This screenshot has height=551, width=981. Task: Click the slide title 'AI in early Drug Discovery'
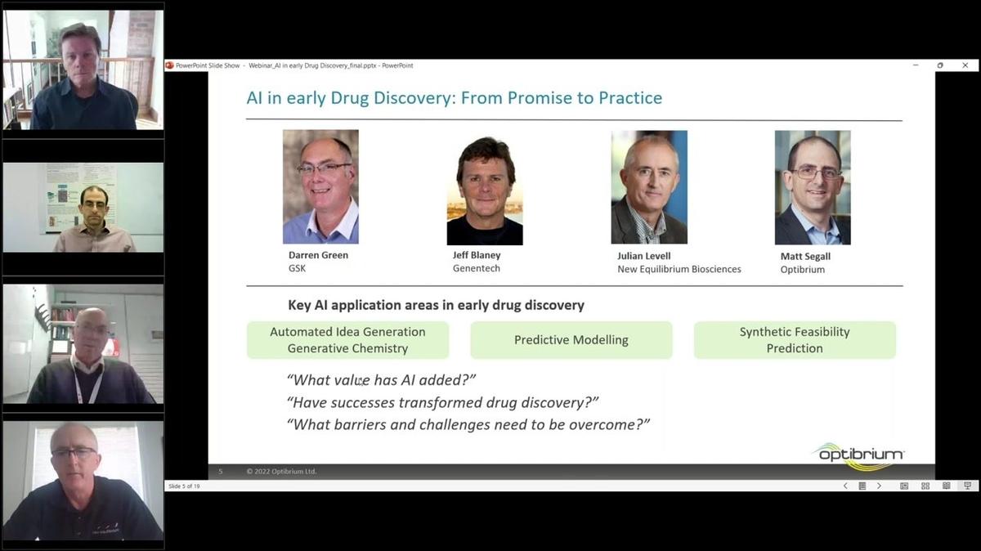coord(454,98)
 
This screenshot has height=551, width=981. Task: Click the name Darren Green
coord(318,255)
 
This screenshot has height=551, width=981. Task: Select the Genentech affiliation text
coord(476,268)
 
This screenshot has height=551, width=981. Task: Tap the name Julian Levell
coord(643,256)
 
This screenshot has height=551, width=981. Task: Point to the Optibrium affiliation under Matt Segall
coord(802,269)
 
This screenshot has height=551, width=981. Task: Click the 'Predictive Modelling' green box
coord(571,340)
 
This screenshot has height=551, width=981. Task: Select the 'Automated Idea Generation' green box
coord(347,340)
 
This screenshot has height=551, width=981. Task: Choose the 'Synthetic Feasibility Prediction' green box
coord(794,340)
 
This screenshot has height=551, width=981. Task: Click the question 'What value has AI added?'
coord(381,380)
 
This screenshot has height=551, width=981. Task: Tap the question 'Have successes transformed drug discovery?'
coord(442,402)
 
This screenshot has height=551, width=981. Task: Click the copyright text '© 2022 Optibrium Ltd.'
coord(281,472)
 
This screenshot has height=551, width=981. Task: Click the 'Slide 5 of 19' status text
coord(184,486)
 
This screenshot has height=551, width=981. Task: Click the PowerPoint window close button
coord(966,65)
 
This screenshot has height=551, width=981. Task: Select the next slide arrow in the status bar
coord(879,486)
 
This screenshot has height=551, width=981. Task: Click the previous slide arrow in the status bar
coord(845,486)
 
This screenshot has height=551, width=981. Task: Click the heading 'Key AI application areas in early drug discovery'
coord(436,305)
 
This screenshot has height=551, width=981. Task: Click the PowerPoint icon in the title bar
coord(170,65)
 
